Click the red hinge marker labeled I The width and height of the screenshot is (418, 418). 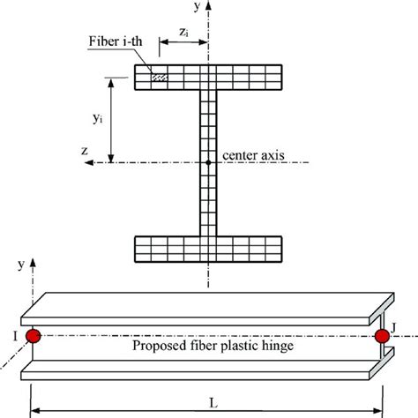(x=34, y=336)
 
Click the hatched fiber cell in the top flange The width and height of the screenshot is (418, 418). (x=159, y=78)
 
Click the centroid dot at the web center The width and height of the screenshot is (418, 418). (x=209, y=162)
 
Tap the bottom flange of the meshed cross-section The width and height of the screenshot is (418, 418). (x=209, y=249)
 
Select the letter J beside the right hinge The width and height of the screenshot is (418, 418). (x=400, y=329)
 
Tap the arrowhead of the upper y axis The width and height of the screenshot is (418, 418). (x=210, y=5)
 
